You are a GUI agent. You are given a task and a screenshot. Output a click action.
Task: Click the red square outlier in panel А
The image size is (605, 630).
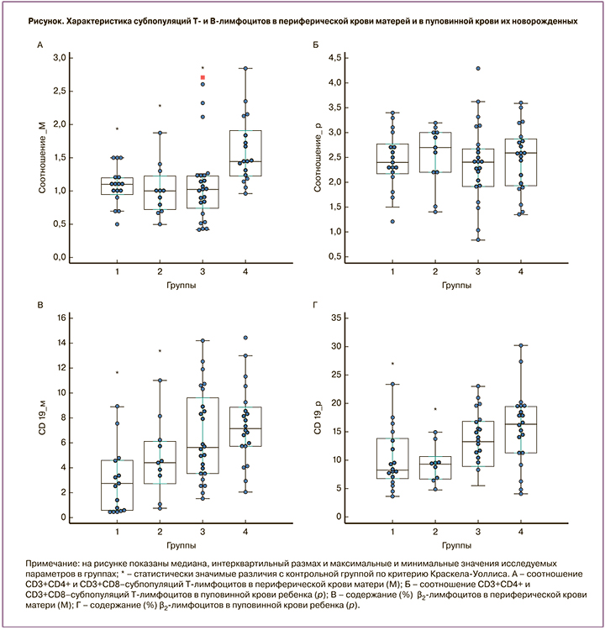coord(203,78)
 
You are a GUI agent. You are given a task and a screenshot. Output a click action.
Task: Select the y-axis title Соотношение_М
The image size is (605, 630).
coord(41,158)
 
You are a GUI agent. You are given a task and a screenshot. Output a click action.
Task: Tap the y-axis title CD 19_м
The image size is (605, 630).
coord(41,417)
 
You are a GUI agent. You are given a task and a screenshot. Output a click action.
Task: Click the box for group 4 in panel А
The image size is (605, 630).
coord(245,153)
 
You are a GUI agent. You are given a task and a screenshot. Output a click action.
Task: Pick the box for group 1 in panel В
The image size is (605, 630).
coord(117,485)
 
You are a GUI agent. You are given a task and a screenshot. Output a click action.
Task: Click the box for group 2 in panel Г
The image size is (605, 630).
coord(434,468)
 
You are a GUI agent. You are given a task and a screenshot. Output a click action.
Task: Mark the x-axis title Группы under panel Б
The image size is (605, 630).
coord(456,286)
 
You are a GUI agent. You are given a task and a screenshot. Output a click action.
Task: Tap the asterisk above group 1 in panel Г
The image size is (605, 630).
coord(392,364)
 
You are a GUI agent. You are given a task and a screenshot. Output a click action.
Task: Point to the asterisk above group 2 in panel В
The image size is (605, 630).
coord(160,351)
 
